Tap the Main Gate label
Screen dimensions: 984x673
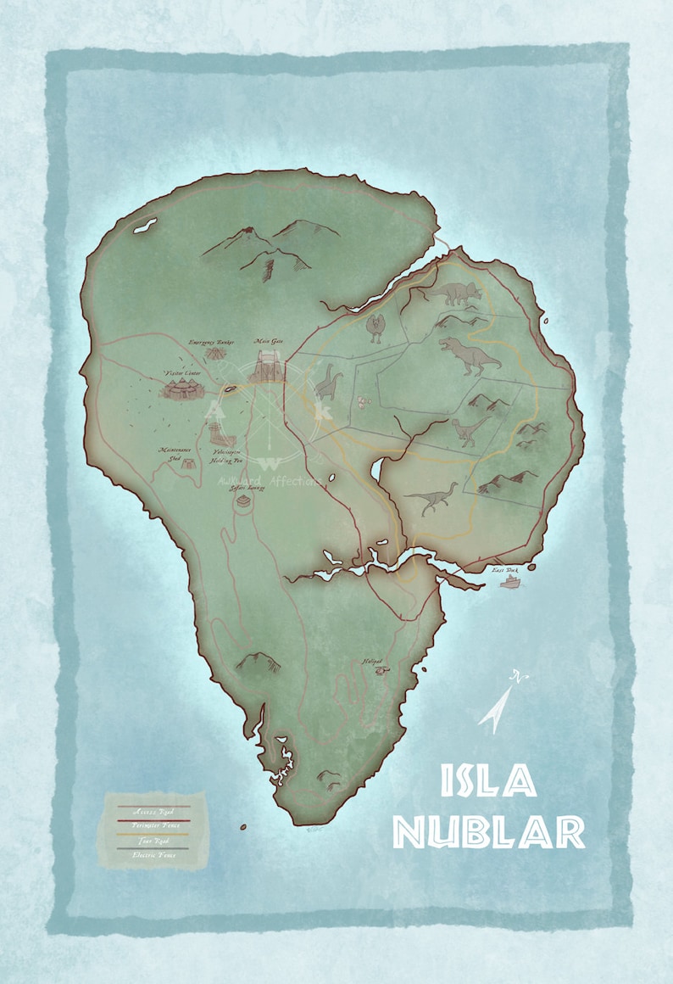coord(269,342)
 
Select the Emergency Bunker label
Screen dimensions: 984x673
coord(211,341)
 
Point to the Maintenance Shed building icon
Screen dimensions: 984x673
coord(189,463)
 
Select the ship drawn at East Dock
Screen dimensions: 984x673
coord(510,584)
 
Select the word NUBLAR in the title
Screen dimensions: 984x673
coord(489,832)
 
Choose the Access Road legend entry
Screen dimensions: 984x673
coord(153,811)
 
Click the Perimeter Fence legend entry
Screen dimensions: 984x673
coord(153,826)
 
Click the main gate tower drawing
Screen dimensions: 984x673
coord(270,372)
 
